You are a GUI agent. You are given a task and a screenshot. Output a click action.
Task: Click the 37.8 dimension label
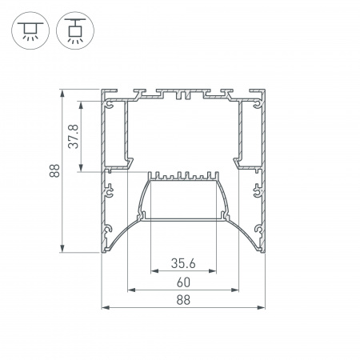[x=74, y=136]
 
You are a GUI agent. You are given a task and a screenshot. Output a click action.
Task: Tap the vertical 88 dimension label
[x=54, y=170]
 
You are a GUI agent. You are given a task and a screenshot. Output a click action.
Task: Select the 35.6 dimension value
[x=183, y=263]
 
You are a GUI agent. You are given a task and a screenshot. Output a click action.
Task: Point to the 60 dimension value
[x=183, y=282]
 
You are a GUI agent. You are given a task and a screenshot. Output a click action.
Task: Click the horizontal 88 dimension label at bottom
[x=183, y=300]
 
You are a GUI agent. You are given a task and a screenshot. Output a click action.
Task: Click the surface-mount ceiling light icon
[x=30, y=30]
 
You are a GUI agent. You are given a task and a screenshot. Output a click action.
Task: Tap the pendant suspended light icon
[x=75, y=30]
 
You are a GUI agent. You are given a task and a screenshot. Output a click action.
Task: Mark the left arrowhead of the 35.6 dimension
[x=154, y=271]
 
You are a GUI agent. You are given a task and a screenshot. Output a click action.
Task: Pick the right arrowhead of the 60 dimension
[x=235, y=290]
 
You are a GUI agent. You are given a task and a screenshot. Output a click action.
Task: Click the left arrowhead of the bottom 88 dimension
[x=106, y=308]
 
